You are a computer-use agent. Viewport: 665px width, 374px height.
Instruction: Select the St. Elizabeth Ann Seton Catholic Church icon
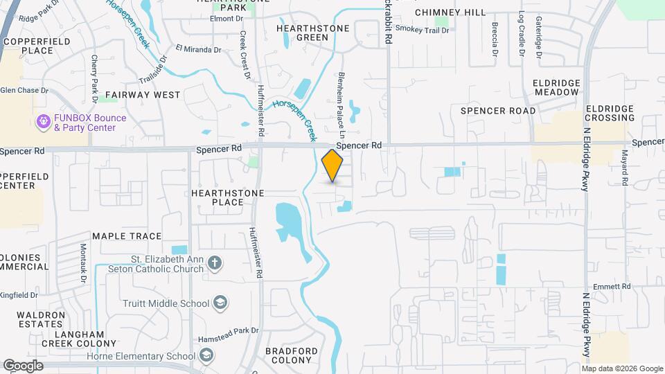coord(215,262)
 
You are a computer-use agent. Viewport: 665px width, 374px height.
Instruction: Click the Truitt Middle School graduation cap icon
coord(220,303)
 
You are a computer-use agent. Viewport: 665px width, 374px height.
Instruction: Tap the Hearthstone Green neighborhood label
coord(302,33)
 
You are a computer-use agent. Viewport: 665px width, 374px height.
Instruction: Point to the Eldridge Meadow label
coord(556,87)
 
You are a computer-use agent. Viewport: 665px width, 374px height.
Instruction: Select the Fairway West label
coord(143,94)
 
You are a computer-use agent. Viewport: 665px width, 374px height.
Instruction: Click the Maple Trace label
coord(127,236)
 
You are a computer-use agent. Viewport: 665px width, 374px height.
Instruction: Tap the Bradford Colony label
coord(292,355)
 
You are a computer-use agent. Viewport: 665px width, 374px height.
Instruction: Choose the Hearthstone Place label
coord(218,197)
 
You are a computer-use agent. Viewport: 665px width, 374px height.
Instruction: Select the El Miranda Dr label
coord(198,49)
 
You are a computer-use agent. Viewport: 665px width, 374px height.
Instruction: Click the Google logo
coord(23,366)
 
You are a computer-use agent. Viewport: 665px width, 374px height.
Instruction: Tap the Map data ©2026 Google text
coord(623,368)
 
